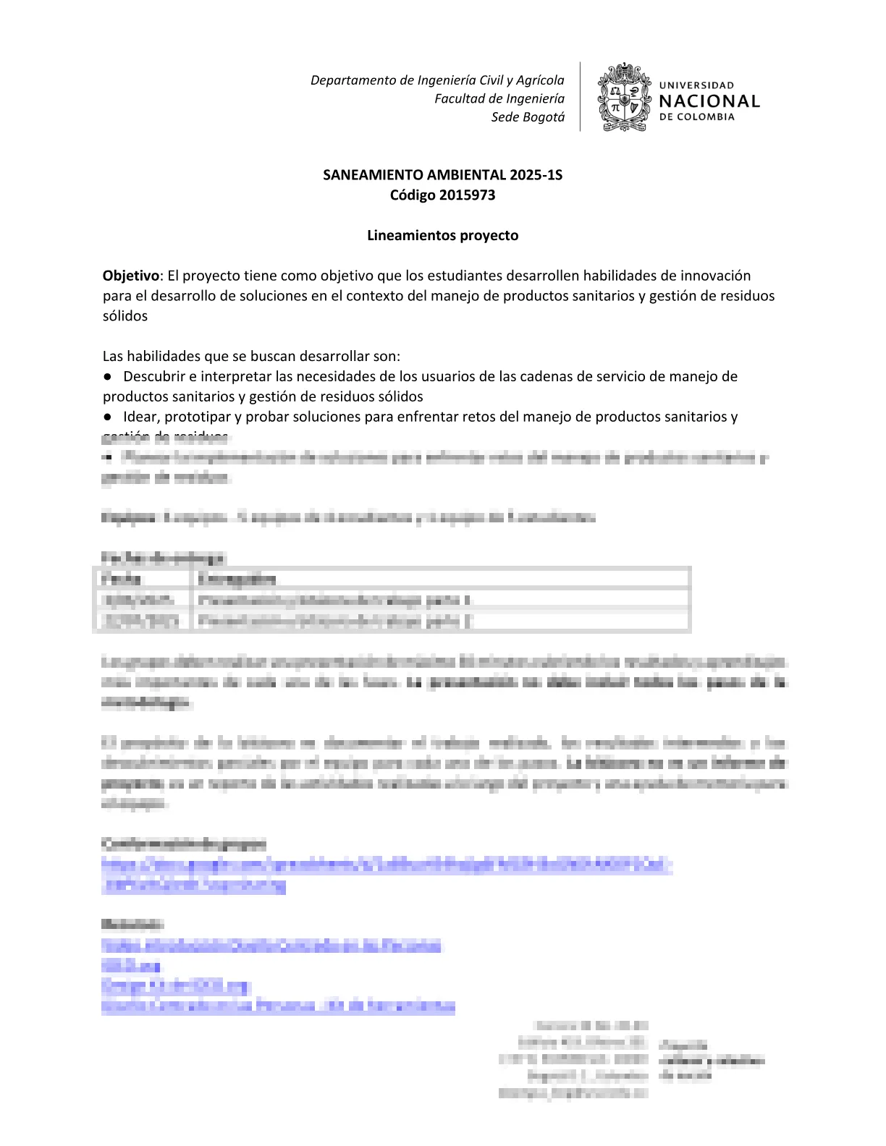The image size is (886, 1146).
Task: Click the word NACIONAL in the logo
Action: [709, 101]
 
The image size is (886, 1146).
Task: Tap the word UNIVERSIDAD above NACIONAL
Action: [696, 85]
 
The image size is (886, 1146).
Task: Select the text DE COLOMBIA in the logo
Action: [696, 117]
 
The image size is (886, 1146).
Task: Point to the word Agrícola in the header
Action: [540, 80]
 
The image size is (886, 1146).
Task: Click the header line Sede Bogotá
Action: [528, 117]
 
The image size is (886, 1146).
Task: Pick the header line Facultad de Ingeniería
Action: [499, 98]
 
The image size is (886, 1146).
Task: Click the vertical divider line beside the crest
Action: [581, 97]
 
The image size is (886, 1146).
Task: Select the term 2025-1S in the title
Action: [536, 175]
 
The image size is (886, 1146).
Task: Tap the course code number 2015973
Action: [468, 195]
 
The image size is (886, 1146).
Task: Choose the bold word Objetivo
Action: [130, 276]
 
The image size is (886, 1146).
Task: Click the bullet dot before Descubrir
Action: [107, 376]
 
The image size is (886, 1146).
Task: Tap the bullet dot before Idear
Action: [107, 417]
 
